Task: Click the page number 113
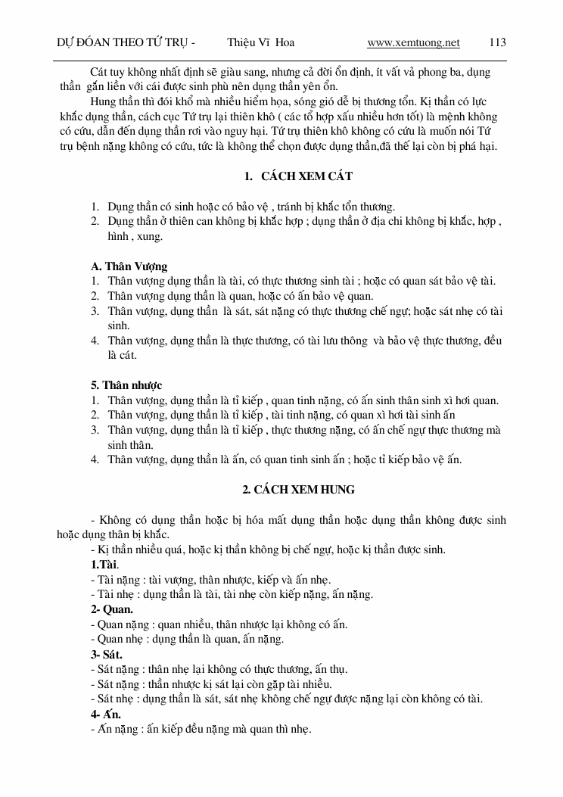[x=497, y=42]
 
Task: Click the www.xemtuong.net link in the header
[x=413, y=42]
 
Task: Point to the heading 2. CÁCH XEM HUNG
[x=298, y=490]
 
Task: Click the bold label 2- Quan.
[x=112, y=609]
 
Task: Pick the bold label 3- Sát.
[x=107, y=654]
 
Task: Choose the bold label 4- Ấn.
[x=106, y=714]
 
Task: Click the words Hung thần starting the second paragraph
[x=114, y=101]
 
